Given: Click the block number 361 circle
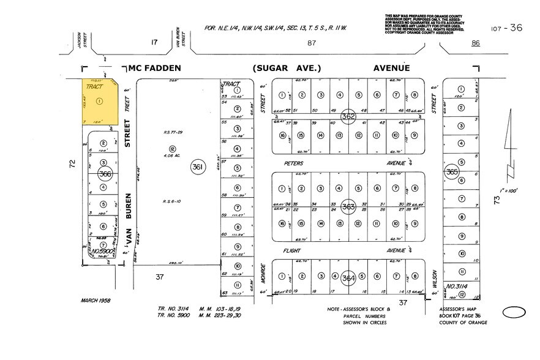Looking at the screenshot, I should tap(197, 166).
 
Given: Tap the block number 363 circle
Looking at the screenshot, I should tap(349, 206).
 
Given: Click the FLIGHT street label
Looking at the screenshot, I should tap(294, 250).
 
